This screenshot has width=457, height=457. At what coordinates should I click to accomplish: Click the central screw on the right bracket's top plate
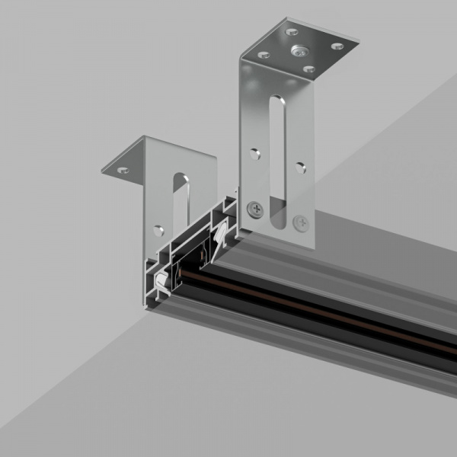click(x=299, y=51)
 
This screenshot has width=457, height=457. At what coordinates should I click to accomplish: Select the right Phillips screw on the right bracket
click(x=301, y=223)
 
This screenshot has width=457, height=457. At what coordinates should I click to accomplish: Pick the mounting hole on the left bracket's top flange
click(x=123, y=170)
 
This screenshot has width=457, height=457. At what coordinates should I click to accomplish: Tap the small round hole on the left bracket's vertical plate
click(x=158, y=230)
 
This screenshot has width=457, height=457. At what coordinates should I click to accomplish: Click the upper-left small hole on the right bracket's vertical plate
click(x=255, y=151)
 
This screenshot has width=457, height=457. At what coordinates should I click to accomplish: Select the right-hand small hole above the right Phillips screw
click(x=301, y=168)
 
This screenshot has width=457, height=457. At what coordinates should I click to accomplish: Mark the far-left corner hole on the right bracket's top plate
click(x=264, y=55)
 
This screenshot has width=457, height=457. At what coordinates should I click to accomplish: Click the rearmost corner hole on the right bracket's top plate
click(x=292, y=32)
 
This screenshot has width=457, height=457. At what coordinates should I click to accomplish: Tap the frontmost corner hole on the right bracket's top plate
click(x=308, y=69)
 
